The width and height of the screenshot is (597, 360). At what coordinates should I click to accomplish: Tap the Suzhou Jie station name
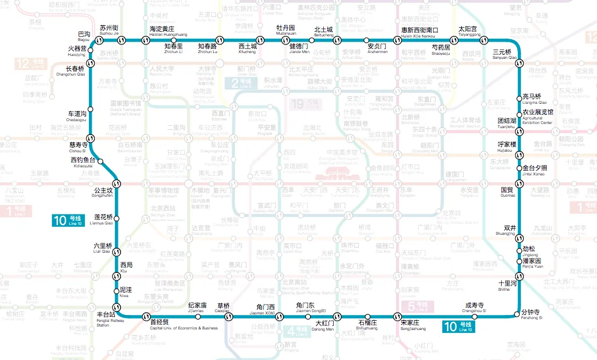point(109,30)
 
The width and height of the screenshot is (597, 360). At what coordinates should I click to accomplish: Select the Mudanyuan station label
point(285,30)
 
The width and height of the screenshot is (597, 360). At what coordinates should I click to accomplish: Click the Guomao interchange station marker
point(519,184)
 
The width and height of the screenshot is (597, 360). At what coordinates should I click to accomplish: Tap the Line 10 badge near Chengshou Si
point(458,327)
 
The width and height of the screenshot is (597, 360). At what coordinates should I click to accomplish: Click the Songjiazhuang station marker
point(397,316)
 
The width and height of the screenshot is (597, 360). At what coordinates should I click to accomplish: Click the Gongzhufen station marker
point(116,184)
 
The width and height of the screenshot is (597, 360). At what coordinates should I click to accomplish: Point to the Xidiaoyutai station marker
point(100,161)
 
